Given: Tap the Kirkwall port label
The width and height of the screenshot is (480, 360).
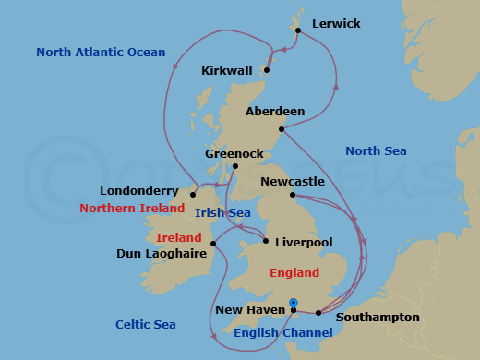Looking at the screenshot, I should (x=227, y=70).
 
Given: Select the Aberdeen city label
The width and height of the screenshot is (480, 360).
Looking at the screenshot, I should (x=275, y=112).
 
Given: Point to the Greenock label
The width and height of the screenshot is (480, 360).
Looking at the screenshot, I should (x=233, y=154).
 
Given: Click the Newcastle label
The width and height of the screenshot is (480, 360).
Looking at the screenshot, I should (x=293, y=182).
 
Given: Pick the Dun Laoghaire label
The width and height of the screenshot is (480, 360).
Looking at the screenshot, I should (x=162, y=252).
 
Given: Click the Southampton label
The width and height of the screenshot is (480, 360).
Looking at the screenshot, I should (x=378, y=318).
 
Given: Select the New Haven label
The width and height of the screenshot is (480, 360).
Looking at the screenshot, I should (x=250, y=311).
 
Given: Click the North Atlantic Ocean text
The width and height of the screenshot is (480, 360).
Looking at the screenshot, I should (x=101, y=53).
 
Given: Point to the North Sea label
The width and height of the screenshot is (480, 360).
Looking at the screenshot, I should (x=376, y=150).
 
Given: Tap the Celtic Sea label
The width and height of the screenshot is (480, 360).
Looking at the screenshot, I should (x=146, y=324).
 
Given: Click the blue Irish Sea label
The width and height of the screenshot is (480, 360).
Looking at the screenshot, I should (x=222, y=212).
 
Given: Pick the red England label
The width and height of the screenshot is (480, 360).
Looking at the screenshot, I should (x=294, y=272).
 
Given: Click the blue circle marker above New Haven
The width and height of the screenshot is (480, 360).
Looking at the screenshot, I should (x=294, y=302).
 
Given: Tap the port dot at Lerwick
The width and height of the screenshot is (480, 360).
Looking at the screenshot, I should (x=298, y=30).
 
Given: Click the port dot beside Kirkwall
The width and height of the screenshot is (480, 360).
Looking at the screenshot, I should (x=267, y=69).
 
